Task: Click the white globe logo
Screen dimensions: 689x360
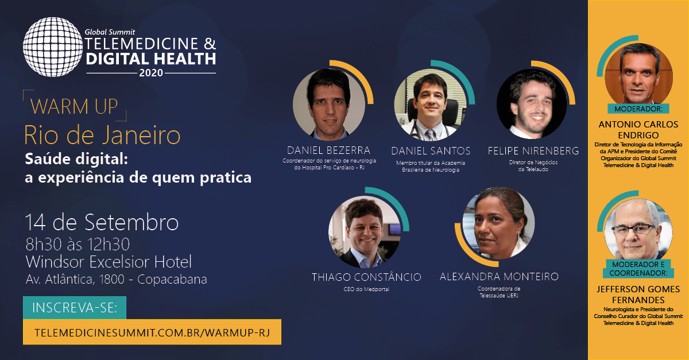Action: (x=53, y=47)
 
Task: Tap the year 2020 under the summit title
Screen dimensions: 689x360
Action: (x=151, y=73)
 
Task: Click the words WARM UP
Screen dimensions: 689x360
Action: (x=74, y=106)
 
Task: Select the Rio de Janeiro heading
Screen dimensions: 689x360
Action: (x=102, y=135)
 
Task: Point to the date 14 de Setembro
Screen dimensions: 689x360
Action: (x=102, y=222)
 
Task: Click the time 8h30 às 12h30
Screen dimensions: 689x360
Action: (x=78, y=245)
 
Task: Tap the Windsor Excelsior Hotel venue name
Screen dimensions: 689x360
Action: (x=109, y=262)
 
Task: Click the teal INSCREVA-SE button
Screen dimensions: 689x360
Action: (x=75, y=308)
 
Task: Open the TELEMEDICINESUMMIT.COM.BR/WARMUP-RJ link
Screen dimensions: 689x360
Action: (x=152, y=332)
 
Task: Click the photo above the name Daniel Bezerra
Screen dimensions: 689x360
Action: (x=329, y=104)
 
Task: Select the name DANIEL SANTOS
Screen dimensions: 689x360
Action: (x=431, y=151)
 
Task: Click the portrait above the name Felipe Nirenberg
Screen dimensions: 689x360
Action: (x=532, y=104)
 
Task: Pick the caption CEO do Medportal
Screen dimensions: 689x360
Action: (x=366, y=289)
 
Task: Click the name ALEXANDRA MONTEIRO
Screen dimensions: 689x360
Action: (x=499, y=277)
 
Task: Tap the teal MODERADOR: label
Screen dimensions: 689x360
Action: (x=638, y=109)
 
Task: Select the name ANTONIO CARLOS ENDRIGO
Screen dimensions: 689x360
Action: (x=638, y=130)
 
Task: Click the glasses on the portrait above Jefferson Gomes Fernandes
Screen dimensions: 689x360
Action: (x=634, y=229)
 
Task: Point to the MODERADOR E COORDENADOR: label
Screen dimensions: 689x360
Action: (x=638, y=269)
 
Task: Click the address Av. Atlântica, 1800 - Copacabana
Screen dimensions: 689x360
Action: (x=116, y=280)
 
